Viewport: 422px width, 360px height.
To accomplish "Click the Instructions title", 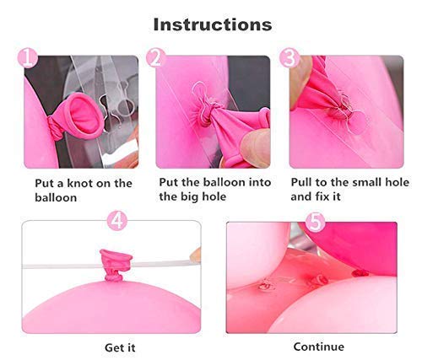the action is pos(213,24).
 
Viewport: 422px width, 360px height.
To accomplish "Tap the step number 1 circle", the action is pos(27,58).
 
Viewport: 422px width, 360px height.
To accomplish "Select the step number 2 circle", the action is pos(155,58).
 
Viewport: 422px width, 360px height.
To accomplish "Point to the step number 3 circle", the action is pos(289,58).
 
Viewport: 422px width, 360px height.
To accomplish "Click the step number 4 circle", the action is pos(117,221).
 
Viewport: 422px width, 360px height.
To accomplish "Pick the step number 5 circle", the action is pos(315,222).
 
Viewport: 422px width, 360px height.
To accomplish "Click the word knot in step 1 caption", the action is pos(78,184).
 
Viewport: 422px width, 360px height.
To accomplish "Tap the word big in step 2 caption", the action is pos(190,196).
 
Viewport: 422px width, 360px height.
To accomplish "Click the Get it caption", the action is pos(120,347).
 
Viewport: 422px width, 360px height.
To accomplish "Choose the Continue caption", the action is pos(319,347).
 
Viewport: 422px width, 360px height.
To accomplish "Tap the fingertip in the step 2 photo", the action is pos(255,148).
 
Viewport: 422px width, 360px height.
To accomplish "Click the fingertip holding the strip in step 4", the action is pos(196,255).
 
